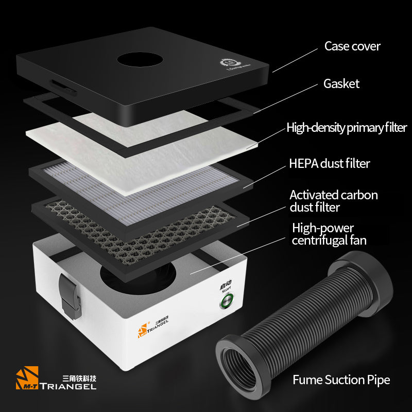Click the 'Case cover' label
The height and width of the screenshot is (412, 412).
point(352,46)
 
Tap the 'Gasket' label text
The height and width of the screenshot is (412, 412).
point(341,83)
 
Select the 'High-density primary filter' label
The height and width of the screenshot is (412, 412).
point(347,127)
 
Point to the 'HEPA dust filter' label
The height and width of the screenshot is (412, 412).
point(330,164)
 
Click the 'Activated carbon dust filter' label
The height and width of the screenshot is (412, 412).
point(333,201)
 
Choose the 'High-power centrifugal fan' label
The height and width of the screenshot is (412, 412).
point(329,234)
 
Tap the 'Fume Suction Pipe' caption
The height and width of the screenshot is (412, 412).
point(341,380)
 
